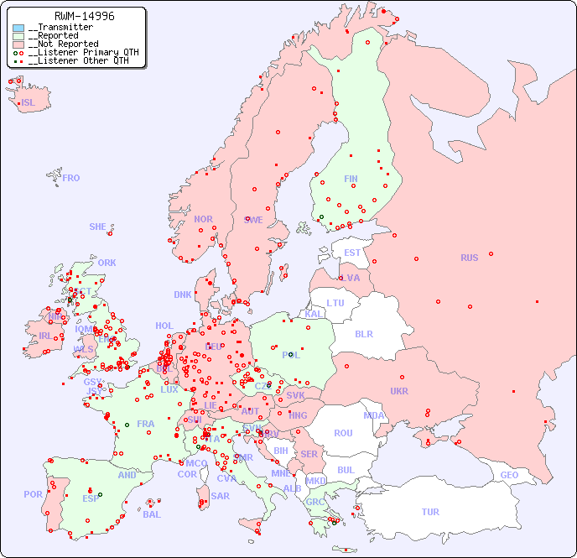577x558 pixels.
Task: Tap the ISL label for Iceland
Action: coord(29,103)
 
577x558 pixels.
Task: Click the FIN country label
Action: coord(351,179)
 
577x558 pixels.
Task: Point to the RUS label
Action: coord(469,258)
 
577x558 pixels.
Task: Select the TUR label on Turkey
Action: coord(430,512)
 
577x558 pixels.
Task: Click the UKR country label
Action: coord(399,391)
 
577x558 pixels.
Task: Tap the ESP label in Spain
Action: coord(91,498)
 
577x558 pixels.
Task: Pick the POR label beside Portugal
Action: coord(33,494)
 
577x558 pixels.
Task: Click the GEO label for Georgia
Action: coord(509,475)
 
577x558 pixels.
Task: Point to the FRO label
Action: coord(71,178)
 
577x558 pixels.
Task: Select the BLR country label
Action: coord(364,333)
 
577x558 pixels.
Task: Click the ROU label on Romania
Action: coord(343,433)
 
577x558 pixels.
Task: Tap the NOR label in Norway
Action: coord(203,219)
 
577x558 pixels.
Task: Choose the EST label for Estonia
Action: coord(352,253)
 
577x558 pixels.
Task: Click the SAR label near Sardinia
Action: coord(221,496)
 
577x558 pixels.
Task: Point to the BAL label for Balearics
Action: coord(152,514)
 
